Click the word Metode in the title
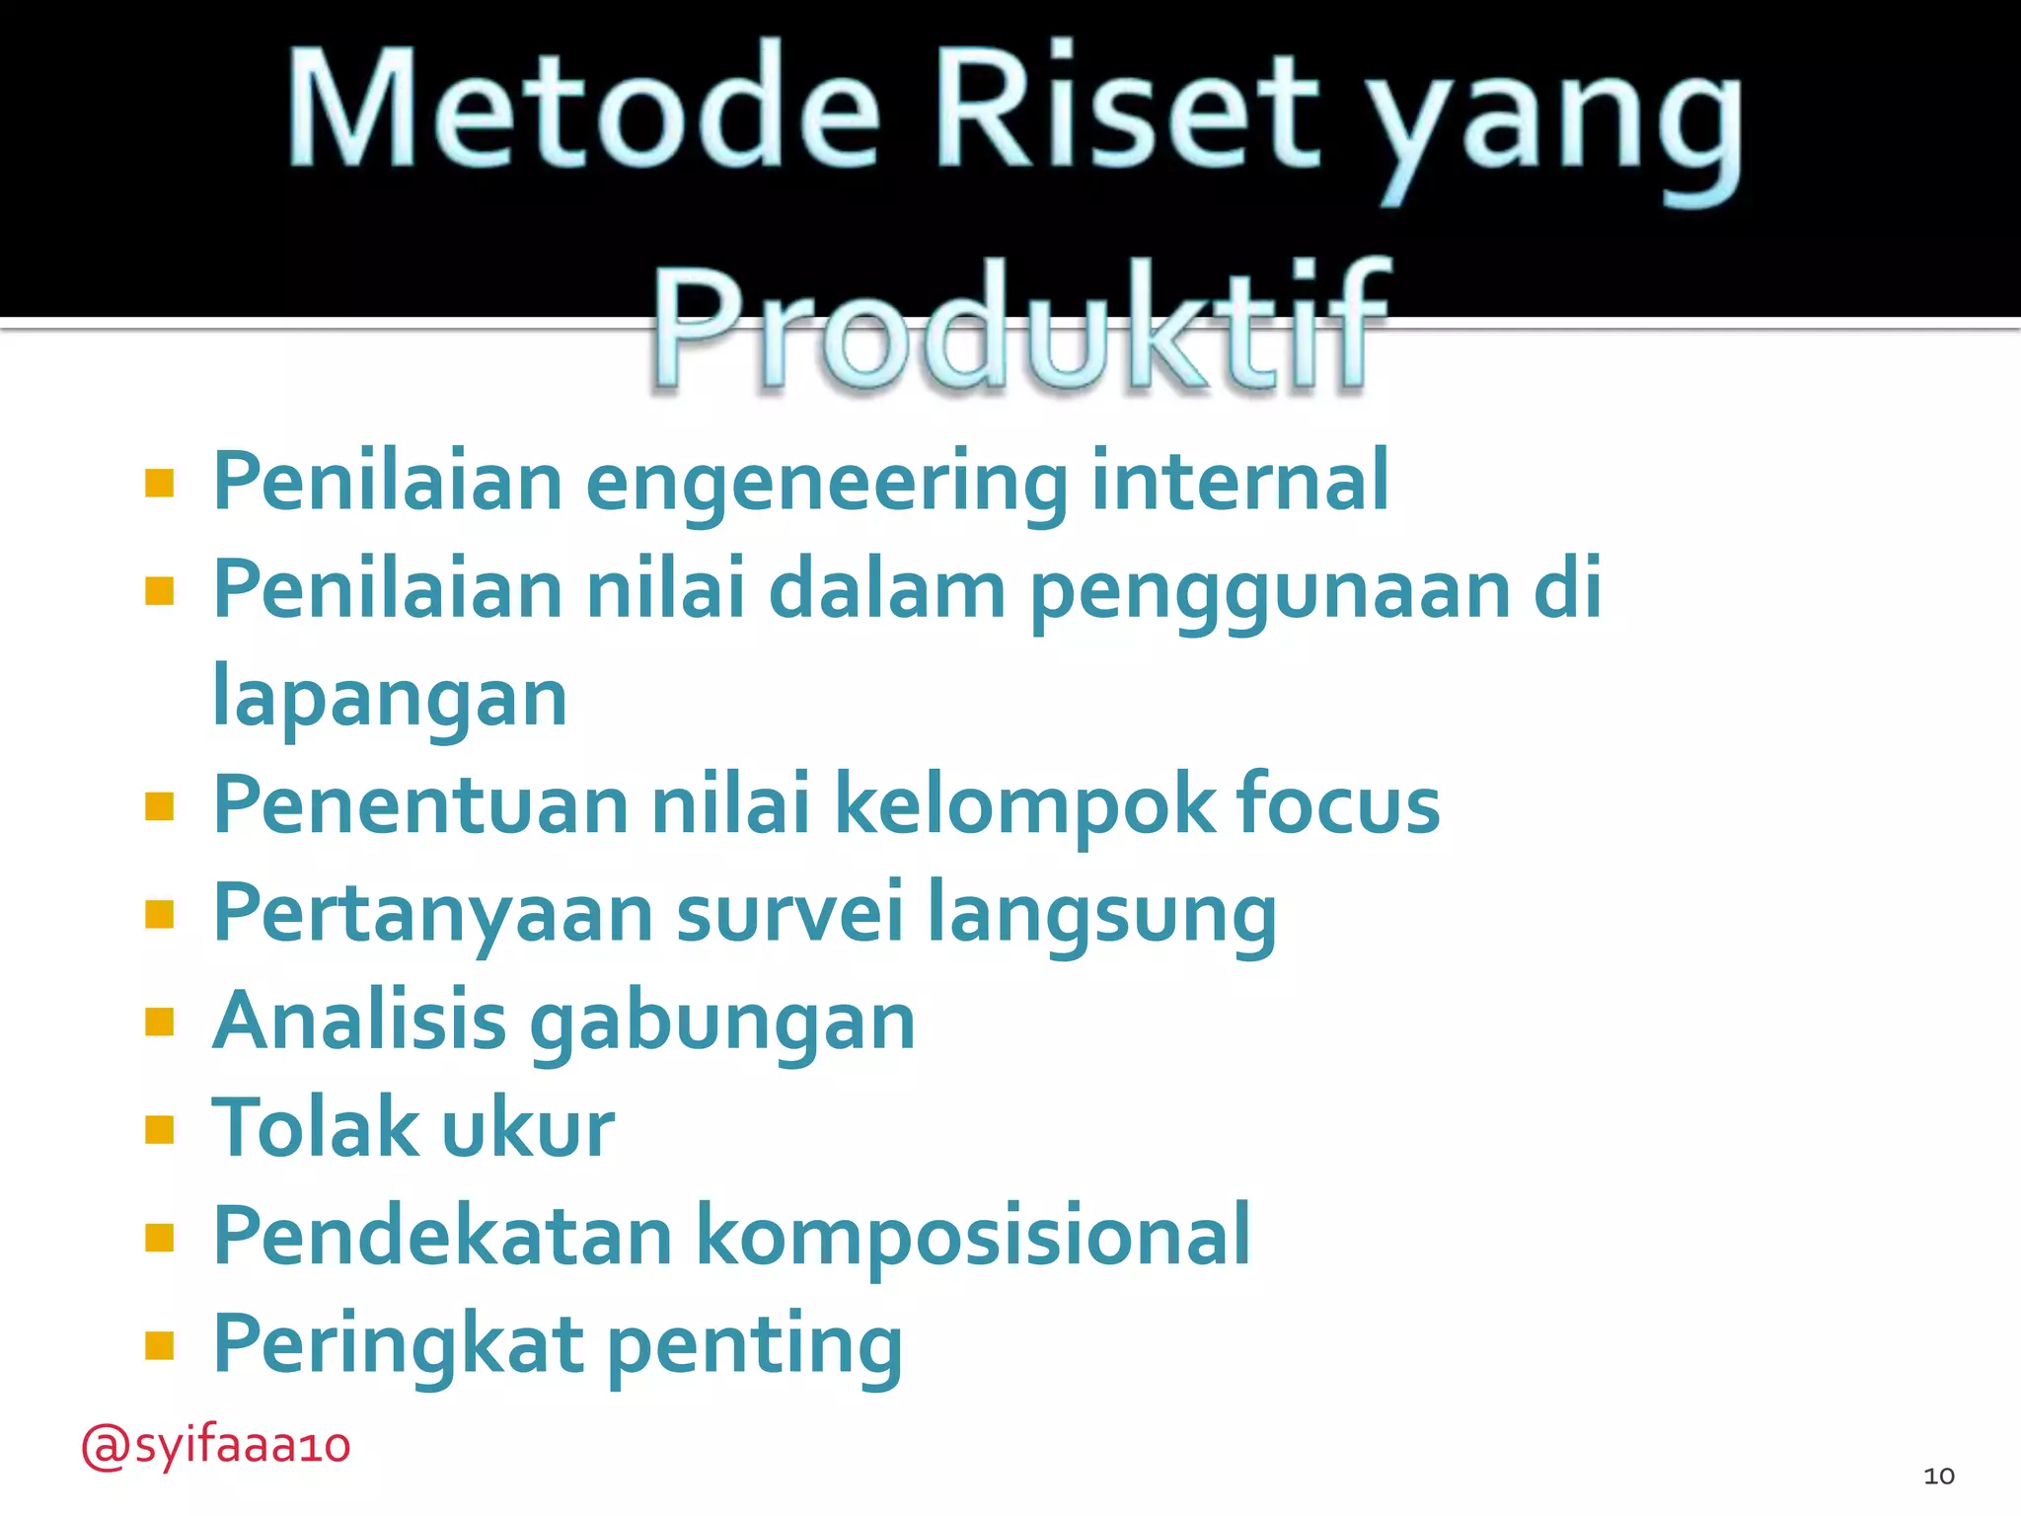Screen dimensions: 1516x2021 tap(582, 111)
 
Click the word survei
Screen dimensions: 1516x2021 tap(789, 913)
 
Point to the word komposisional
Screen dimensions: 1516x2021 tap(973, 1238)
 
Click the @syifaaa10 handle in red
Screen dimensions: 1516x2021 tap(215, 1447)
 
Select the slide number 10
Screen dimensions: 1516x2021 tap(1938, 1476)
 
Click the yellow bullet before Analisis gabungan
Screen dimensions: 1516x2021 tap(159, 1022)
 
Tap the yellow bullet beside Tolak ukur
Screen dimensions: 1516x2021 tap(159, 1129)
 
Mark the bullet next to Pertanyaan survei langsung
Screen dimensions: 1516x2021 tap(159, 914)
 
